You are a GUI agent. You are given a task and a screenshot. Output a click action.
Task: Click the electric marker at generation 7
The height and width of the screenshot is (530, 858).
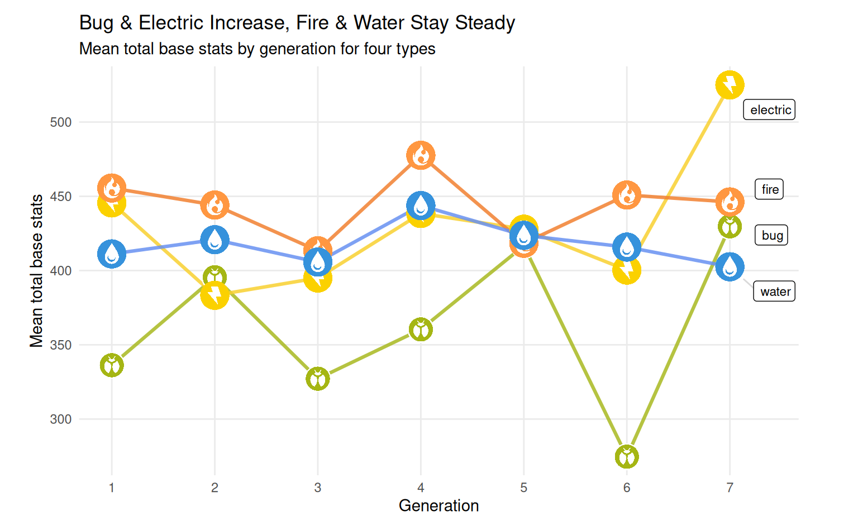[730, 85]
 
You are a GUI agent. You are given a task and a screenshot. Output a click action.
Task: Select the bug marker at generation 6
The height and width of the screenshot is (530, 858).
[627, 457]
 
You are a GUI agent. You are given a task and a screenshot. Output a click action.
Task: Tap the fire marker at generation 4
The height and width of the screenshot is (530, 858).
[421, 155]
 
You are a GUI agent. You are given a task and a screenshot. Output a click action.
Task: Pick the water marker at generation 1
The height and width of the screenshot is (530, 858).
[112, 254]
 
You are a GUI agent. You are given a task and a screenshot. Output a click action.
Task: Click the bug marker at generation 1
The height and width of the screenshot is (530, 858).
[112, 366]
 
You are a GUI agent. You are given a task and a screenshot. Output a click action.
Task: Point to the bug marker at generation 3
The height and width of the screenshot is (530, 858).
[318, 379]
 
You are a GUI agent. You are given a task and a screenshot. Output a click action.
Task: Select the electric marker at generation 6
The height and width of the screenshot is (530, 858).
[627, 270]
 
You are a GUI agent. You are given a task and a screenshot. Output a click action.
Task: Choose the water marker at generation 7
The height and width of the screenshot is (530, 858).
[730, 267]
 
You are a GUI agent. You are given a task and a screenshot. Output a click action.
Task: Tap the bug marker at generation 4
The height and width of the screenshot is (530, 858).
[421, 330]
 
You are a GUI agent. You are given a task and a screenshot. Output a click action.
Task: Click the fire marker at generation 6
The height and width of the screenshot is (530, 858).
[627, 195]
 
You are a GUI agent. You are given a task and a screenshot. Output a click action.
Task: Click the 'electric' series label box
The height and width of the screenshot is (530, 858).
[769, 110]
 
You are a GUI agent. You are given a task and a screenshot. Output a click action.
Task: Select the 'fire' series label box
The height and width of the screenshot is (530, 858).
[769, 189]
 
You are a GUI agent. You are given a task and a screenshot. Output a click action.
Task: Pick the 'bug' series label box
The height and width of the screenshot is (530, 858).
[771, 235]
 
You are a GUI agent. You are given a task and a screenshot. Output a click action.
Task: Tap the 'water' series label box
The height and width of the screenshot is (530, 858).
[774, 292]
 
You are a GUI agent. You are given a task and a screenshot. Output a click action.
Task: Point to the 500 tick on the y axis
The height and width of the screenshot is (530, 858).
[61, 122]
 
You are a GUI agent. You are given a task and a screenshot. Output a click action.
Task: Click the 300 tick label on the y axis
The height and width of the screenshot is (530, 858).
[61, 419]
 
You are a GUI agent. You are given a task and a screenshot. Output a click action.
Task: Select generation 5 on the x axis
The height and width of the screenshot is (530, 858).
[523, 488]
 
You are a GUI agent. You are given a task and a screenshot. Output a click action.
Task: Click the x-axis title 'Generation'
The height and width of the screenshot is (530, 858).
[438, 506]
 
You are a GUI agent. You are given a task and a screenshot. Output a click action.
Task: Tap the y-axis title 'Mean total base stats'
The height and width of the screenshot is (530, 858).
[36, 271]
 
